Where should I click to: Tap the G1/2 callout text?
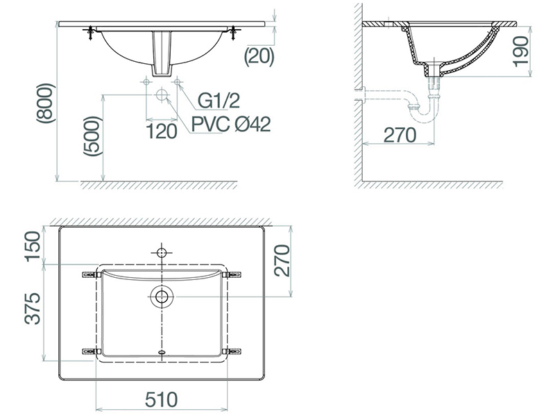(219, 102)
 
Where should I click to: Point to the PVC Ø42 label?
(231, 125)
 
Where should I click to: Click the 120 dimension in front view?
(162, 131)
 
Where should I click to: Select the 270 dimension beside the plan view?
(281, 260)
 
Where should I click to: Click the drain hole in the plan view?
(162, 297)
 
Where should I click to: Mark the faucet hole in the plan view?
(162, 251)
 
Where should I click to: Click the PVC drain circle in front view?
(162, 94)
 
